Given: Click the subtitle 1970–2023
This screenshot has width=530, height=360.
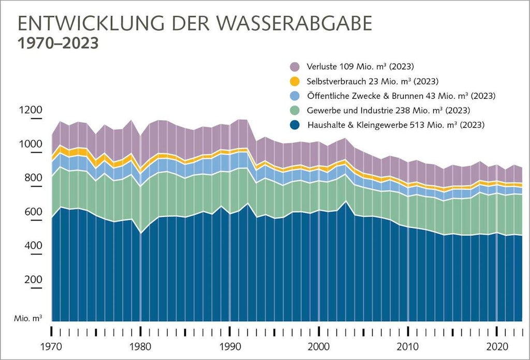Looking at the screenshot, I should pos(58,43).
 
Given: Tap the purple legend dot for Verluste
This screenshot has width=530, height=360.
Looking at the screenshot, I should pos(295,67).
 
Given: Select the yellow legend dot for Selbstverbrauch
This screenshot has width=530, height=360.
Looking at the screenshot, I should pos(295,81).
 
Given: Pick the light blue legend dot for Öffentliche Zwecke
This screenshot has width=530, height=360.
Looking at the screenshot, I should pos(295,96).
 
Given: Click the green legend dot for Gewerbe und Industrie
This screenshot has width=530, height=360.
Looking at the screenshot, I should pos(295,110).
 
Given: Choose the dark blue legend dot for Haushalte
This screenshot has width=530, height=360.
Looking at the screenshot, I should pos(295,125).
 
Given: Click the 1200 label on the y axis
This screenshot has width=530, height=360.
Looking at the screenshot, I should pos(31,110).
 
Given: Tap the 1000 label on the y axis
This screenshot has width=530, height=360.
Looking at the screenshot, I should pos(31,144).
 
